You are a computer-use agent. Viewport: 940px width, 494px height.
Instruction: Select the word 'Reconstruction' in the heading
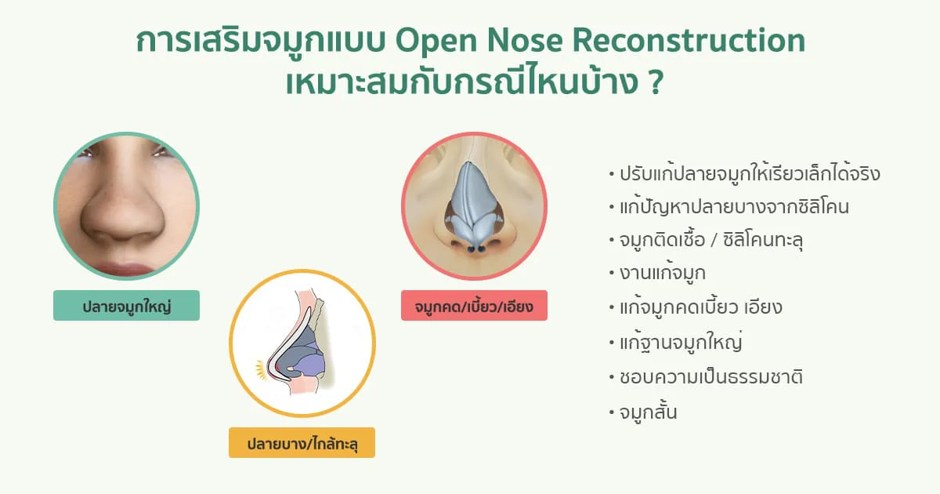tap(689, 41)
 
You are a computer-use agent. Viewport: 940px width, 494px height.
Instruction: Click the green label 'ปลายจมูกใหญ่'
tap(126, 305)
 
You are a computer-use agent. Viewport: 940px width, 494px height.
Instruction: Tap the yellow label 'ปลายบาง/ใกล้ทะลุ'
tap(302, 443)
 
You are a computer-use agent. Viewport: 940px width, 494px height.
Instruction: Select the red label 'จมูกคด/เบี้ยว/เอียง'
tap(474, 305)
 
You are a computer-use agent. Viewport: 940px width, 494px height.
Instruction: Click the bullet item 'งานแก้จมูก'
tap(662, 273)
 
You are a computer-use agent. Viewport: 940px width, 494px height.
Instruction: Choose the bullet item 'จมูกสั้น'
tap(648, 411)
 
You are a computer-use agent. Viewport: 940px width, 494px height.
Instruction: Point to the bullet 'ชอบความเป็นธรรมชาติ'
tap(711, 376)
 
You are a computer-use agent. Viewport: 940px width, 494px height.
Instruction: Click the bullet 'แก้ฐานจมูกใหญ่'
tap(681, 342)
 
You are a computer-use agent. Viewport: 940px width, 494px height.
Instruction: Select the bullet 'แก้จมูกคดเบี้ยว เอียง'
tap(701, 307)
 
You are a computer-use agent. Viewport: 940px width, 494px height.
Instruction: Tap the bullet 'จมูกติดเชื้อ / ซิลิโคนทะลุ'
tap(711, 239)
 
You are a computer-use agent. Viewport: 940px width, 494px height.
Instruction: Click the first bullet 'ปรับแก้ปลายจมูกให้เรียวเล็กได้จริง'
tap(750, 174)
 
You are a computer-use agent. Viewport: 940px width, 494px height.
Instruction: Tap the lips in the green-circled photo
tap(122, 269)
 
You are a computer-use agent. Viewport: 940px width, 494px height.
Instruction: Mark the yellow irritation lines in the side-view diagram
tap(261, 369)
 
